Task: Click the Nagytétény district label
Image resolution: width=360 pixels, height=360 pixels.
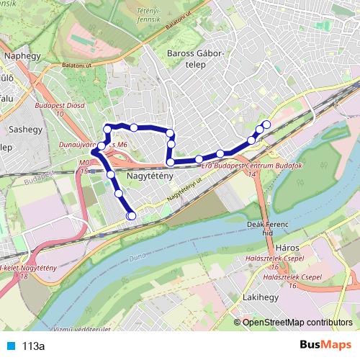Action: (x=149, y=176)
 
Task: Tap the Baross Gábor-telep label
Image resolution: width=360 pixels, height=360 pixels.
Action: (x=197, y=58)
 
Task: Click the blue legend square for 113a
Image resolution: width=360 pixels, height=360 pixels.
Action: (x=9, y=346)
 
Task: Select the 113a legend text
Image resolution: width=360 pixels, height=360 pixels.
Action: (x=32, y=346)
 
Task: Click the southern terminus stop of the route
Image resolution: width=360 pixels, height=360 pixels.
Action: (x=131, y=215)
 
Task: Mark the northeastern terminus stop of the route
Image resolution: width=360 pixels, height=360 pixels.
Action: (x=266, y=124)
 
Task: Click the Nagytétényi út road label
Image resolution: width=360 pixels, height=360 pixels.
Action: (x=183, y=190)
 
